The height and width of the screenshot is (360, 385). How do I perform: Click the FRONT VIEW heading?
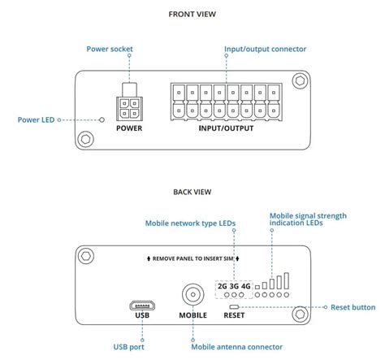192,14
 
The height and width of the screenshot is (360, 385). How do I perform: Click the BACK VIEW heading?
192,192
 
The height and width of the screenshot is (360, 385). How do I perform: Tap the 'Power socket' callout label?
110,49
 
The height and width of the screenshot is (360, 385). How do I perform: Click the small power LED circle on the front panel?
102,120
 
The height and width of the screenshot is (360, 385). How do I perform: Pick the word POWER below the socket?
129,128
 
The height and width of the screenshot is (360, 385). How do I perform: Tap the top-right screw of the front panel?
301,81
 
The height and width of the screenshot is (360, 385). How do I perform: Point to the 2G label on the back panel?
223,286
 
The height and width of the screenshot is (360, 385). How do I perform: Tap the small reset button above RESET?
236,307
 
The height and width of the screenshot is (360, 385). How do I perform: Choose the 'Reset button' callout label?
353,308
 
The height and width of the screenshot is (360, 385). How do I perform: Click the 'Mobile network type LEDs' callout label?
190,223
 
